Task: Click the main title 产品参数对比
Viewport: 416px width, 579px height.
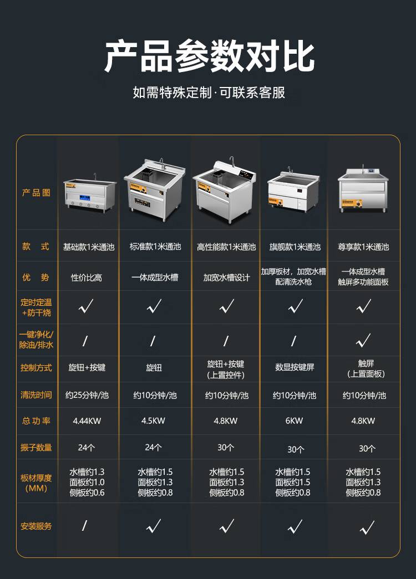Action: pyautogui.click(x=209, y=57)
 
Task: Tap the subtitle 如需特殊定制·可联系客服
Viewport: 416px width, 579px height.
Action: pyautogui.click(x=209, y=93)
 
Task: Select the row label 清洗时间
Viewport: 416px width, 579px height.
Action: pyautogui.click(x=36, y=394)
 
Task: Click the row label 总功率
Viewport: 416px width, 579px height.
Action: pyautogui.click(x=36, y=421)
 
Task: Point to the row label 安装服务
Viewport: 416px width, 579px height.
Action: pyautogui.click(x=36, y=526)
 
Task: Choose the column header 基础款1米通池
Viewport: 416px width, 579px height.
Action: pyautogui.click(x=89, y=247)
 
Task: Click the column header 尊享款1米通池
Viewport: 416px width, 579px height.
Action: pyautogui.click(x=363, y=247)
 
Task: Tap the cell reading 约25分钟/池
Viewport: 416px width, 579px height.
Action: pyautogui.click(x=87, y=395)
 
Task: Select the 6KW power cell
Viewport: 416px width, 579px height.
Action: pyautogui.click(x=294, y=421)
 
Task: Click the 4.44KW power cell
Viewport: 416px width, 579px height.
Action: pyautogui.click(x=87, y=421)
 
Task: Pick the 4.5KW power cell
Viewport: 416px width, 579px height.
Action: pyautogui.click(x=153, y=421)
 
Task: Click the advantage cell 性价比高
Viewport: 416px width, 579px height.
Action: pyautogui.click(x=87, y=278)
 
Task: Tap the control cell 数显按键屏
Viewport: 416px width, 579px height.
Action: pyautogui.click(x=295, y=367)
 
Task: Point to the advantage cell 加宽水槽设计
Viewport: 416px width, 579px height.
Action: pyautogui.click(x=227, y=278)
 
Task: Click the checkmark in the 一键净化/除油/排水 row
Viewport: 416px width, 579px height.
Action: pyautogui.click(x=363, y=340)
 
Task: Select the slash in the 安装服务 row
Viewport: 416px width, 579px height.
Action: pyautogui.click(x=85, y=525)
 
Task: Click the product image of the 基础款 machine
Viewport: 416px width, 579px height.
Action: pyautogui.click(x=89, y=193)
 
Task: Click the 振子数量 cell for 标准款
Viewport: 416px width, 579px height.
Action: pyautogui.click(x=153, y=448)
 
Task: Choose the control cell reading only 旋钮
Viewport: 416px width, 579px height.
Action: pyautogui.click(x=154, y=367)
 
